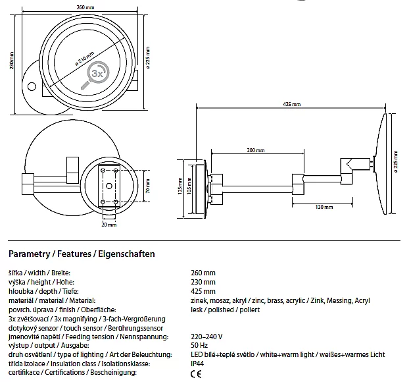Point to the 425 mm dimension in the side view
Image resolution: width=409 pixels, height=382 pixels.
click(x=291, y=104)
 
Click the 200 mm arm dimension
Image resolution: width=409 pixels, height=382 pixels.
click(x=256, y=150)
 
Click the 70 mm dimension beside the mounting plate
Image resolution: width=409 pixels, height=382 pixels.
click(x=147, y=186)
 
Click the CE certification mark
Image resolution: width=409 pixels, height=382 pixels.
click(x=196, y=373)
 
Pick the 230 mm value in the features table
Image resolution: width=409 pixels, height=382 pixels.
click(x=203, y=282)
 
